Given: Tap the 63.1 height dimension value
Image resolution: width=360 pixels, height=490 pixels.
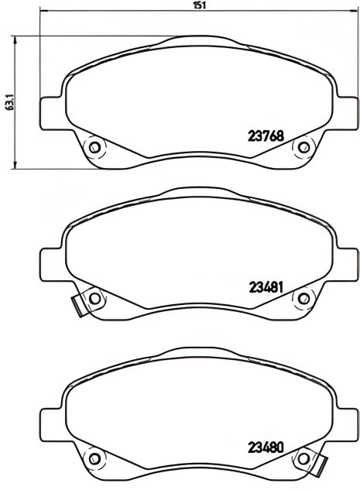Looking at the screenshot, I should tap(9, 101).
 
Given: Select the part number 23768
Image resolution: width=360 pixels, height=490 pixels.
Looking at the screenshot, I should tap(266, 133).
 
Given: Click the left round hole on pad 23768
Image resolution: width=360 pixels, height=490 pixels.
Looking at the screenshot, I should tap(94, 146).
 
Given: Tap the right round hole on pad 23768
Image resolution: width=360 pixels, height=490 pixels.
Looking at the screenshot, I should tap(304, 146).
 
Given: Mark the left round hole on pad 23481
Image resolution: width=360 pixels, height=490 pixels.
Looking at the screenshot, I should tap(94, 297).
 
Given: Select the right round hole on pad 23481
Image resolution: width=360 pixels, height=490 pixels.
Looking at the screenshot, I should tap(304, 297).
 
